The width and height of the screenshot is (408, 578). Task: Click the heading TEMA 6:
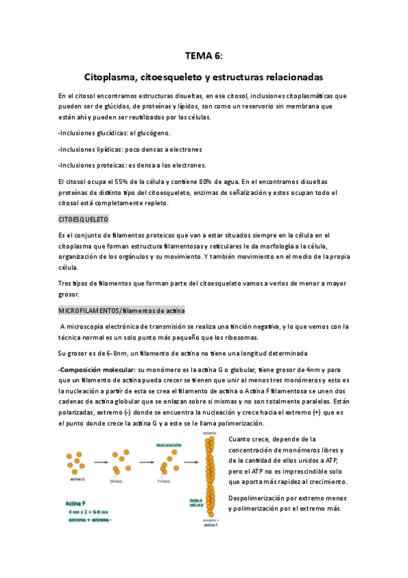click(x=204, y=57)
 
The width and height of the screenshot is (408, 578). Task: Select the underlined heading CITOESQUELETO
click(x=84, y=219)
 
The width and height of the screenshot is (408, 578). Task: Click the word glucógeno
click(x=151, y=132)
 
